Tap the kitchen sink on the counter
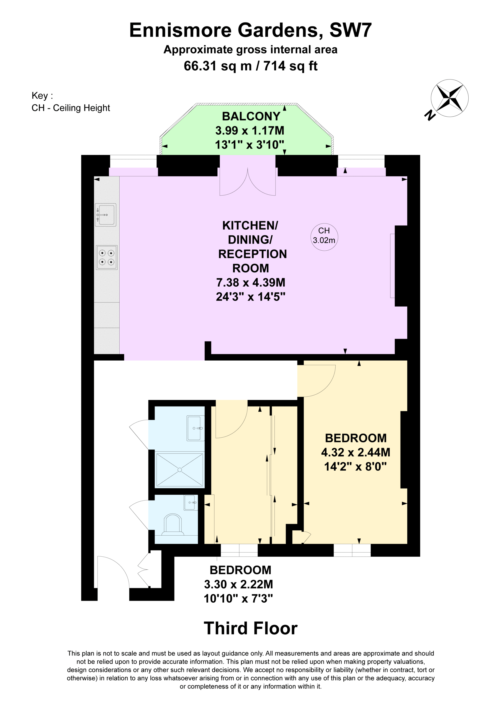click(106, 215)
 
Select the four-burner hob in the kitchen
click(107, 257)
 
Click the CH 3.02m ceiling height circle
click(324, 237)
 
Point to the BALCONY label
click(251, 116)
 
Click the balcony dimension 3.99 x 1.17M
click(250, 131)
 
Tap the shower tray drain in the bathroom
click(180, 470)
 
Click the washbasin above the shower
click(196, 428)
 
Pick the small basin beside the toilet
click(191, 502)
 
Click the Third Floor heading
click(250, 628)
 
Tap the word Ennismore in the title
click(180, 30)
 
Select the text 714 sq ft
click(290, 66)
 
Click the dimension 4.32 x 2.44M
click(356, 452)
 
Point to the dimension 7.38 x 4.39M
click(250, 282)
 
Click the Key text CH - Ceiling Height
click(71, 108)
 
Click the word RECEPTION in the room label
click(252, 254)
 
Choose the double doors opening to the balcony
click(247, 182)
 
